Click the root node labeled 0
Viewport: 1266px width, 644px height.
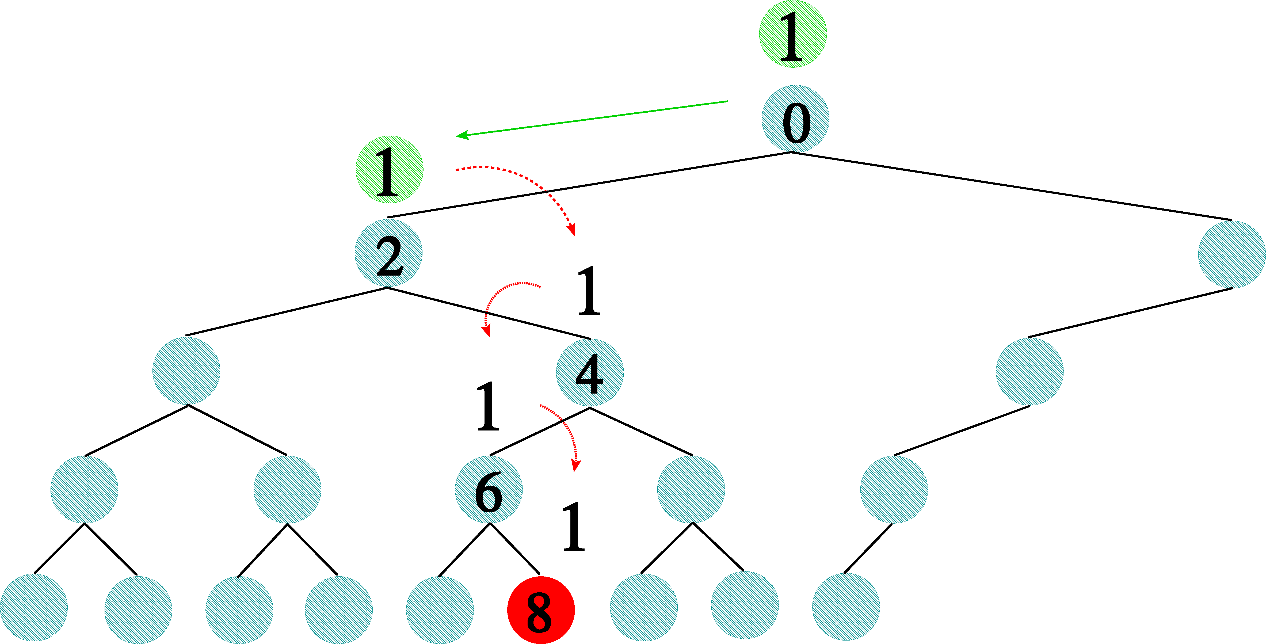click(x=795, y=119)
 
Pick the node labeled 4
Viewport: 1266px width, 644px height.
click(x=590, y=373)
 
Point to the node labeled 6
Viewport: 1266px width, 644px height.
click(x=489, y=490)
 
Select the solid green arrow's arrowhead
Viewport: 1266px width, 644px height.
click(x=462, y=135)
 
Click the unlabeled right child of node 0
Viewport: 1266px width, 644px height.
click(x=1231, y=254)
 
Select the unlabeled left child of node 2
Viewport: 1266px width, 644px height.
click(x=186, y=371)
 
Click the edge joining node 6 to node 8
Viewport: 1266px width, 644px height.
click(x=515, y=549)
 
